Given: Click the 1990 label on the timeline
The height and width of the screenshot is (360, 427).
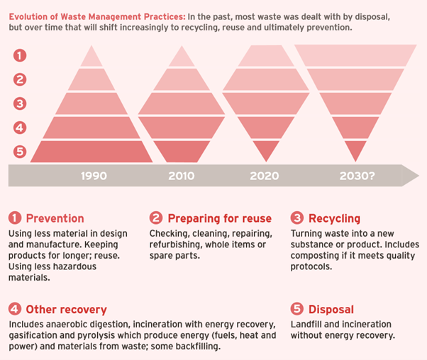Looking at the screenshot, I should coord(94,176).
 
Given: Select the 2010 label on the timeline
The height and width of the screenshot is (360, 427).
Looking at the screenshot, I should coord(181,176).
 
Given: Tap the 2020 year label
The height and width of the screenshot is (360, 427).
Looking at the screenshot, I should coord(264,176).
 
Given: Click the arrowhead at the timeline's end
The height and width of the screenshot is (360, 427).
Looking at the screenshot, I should coord(411,175).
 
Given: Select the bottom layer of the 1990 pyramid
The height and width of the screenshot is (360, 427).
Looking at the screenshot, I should coord(91,151).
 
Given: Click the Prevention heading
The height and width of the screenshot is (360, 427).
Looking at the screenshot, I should coord(55,218).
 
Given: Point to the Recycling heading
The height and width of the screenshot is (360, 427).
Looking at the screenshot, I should coord(335,218).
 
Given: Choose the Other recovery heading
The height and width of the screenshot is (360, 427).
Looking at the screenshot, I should coord(66,310).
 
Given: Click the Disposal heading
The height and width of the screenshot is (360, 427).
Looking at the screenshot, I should coord(331,310).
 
